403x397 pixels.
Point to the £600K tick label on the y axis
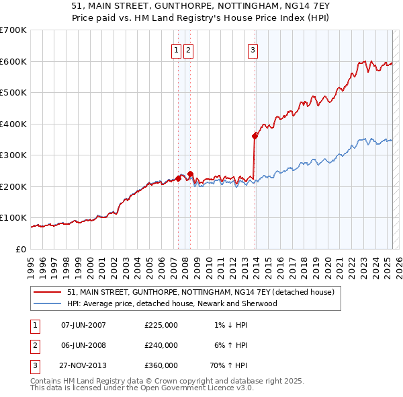coord(13,61)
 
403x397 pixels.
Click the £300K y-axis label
coord(13,155)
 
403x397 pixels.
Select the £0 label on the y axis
coord(20,250)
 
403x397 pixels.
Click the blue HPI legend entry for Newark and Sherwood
coord(172,303)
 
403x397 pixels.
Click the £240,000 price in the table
coord(161,345)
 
